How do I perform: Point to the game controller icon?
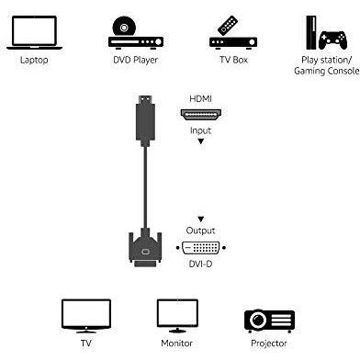point(332,39)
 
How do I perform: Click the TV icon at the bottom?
point(85,315)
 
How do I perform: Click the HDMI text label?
point(200,97)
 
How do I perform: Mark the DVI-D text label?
point(200,265)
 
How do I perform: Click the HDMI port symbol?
point(200,115)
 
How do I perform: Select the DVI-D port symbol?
point(200,248)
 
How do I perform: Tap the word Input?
point(200,130)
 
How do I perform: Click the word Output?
point(200,230)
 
